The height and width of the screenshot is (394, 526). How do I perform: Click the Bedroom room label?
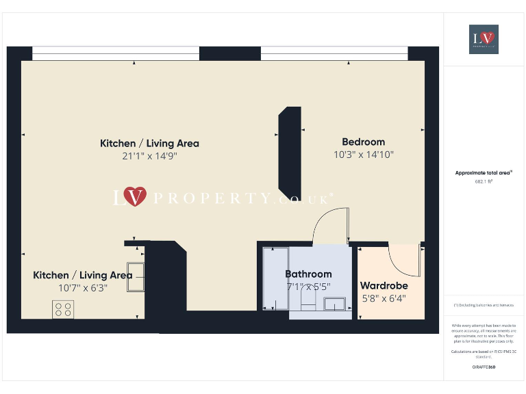tap(363, 142)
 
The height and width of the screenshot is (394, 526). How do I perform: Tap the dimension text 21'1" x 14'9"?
tap(149, 156)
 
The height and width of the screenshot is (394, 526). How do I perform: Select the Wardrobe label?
tap(384, 286)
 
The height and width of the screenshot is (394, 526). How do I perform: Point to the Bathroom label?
tap(308, 274)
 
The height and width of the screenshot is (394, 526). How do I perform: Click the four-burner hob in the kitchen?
tap(64, 309)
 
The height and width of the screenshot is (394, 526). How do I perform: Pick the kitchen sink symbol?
tap(135, 276)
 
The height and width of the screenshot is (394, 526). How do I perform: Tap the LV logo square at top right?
tap(484, 39)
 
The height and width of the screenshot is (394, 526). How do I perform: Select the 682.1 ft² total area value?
tap(484, 182)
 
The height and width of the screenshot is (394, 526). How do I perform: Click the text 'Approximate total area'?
tap(484, 173)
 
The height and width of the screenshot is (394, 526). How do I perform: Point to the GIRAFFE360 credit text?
tap(484, 367)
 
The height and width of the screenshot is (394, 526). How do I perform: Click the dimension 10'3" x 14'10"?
tap(363, 155)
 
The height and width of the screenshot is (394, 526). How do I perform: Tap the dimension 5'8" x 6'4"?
tap(384, 298)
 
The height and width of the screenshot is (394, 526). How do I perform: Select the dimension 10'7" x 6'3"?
tap(82, 287)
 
